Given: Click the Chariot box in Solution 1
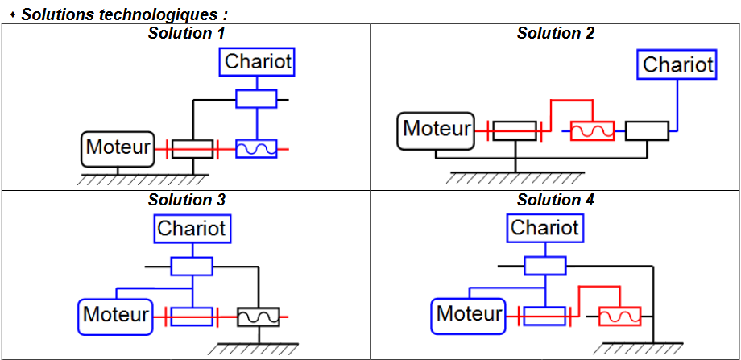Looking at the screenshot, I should [x=258, y=60].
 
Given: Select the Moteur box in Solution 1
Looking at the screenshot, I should [x=118, y=147].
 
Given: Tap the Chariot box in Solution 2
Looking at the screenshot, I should [x=678, y=64].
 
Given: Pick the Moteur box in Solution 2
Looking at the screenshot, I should [x=437, y=129].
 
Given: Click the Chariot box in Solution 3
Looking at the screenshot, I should [x=192, y=228].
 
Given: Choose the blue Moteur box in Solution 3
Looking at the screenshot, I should [x=116, y=314].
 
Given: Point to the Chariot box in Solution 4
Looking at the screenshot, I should [x=545, y=228].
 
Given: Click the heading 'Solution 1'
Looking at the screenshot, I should [x=186, y=33].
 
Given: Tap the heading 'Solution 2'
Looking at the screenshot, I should [x=556, y=33].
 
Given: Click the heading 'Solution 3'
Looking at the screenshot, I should [x=186, y=199].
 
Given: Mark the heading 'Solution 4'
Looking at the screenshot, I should [x=556, y=199].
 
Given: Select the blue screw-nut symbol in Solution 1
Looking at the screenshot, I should [x=256, y=148].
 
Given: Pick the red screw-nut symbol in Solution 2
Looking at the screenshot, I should [x=592, y=130].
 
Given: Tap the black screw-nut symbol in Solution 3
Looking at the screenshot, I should [x=259, y=317].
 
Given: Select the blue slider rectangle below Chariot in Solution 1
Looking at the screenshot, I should [x=256, y=98].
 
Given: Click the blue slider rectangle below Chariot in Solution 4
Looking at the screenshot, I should [x=545, y=265].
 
